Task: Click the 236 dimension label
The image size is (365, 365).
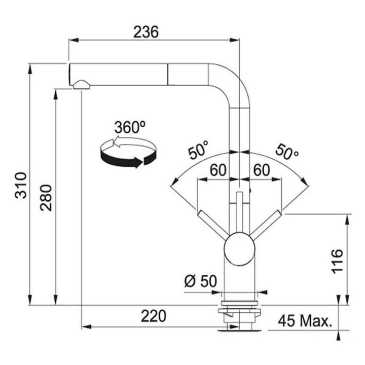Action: pos(145,31)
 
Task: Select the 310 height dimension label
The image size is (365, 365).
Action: pos(21,186)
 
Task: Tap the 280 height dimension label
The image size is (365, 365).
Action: pos(46,198)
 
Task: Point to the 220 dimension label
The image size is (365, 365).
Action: pos(154,316)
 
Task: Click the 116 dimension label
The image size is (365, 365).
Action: pos(337,261)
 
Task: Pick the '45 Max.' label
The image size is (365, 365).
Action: pos(305,321)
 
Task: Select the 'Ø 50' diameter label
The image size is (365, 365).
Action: pos(200,281)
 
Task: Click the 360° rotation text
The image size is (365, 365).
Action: pos(130,127)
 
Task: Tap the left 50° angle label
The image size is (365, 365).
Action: pos(198,150)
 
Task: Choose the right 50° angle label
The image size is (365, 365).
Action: pos(287,152)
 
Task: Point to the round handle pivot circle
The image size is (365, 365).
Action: pos(239,248)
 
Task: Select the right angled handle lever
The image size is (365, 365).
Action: pos(266,225)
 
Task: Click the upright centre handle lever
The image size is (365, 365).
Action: pos(239,212)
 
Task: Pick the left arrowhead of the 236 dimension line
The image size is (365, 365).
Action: pos(73,40)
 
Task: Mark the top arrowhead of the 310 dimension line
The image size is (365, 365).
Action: pos(29,69)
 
